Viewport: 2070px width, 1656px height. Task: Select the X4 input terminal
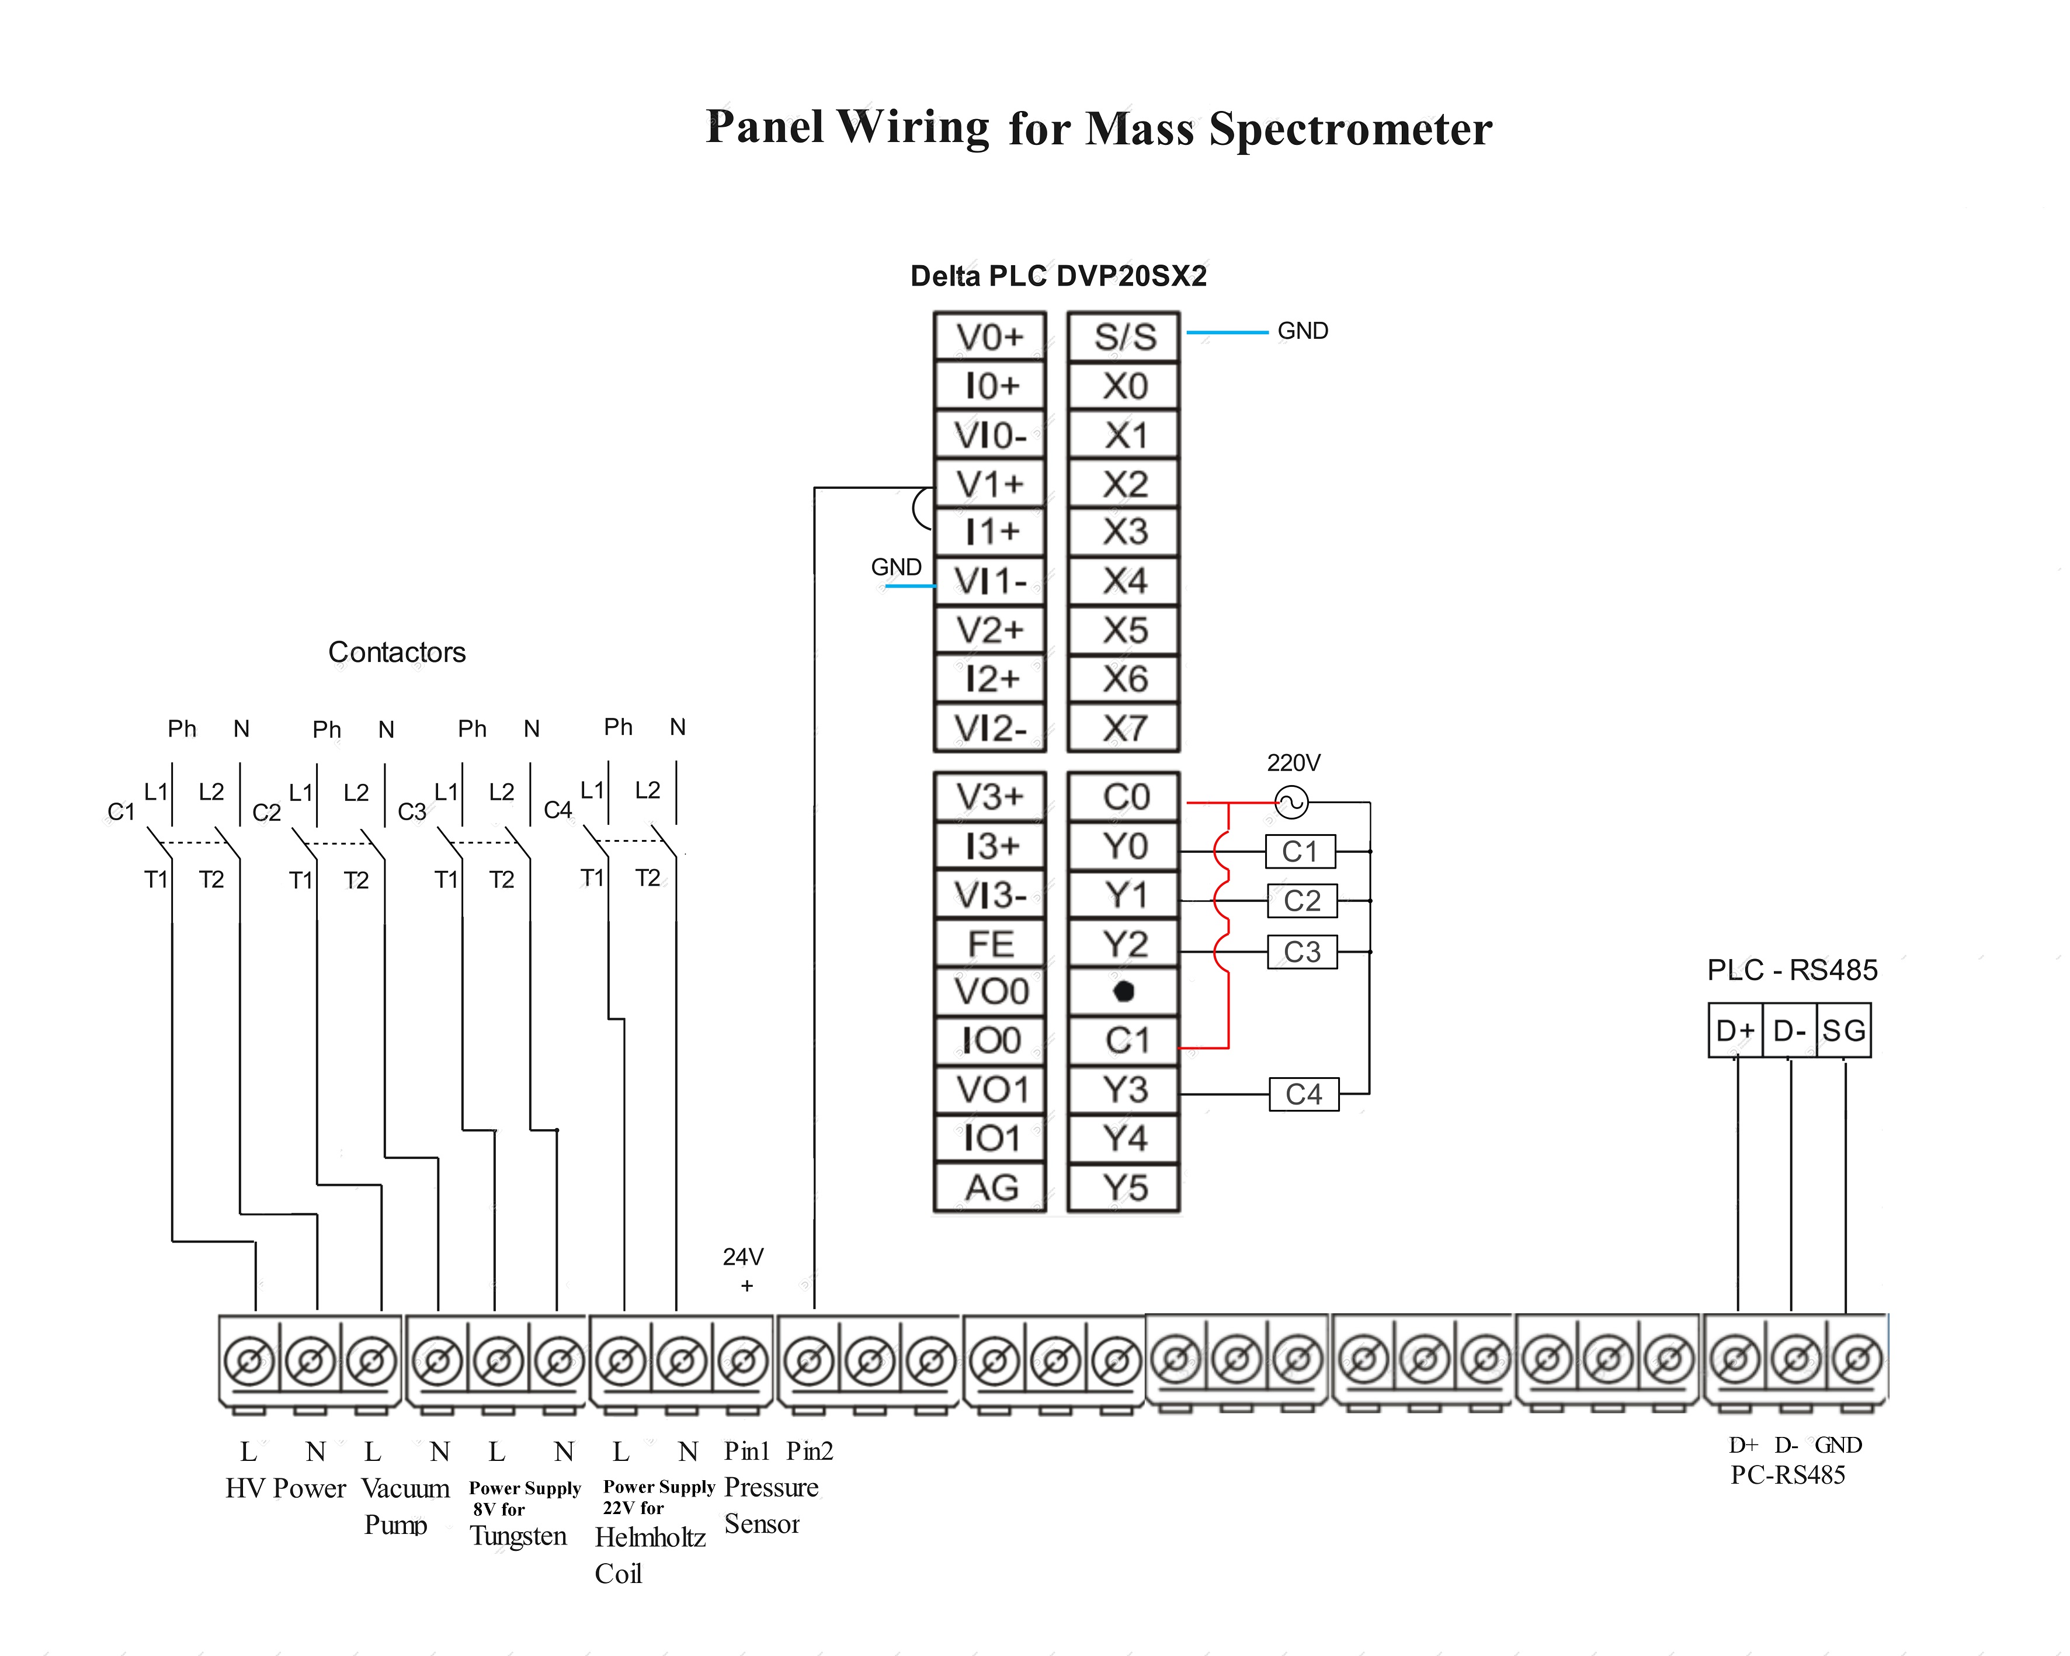pos(1123,581)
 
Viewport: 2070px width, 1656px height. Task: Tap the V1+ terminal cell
pos(990,484)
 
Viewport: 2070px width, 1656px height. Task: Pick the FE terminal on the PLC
pos(990,944)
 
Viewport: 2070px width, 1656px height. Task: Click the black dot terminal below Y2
pos(1123,992)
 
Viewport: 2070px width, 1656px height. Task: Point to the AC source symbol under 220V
pos(1291,801)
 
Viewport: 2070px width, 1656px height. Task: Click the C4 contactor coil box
pos(1304,1095)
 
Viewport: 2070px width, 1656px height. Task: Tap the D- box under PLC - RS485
pos(1790,1030)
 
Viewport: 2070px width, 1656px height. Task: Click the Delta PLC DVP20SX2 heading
pos(1058,276)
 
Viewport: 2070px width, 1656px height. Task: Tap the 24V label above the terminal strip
pos(743,1256)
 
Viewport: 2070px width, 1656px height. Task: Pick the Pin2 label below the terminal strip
pos(810,1450)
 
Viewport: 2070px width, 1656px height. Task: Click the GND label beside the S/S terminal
pos(1303,331)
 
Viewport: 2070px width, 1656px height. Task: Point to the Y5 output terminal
pos(1123,1188)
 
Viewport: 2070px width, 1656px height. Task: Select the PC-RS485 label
pos(1788,1476)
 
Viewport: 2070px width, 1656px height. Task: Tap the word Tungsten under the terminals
pos(519,1536)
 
